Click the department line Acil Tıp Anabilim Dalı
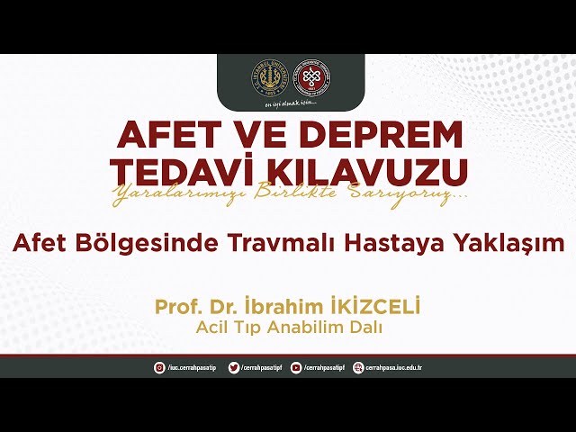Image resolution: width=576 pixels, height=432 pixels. (288, 328)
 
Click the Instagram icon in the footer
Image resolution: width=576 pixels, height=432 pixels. (159, 367)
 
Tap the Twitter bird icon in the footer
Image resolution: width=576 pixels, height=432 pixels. (233, 367)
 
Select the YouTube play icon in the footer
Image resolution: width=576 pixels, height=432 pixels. (296, 367)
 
